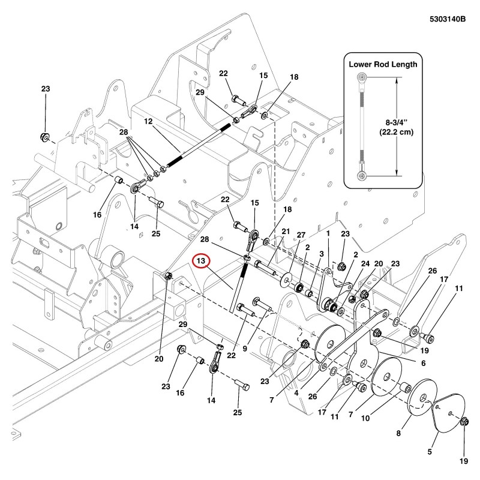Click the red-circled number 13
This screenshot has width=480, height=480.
tap(201, 261)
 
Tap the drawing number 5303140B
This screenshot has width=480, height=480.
tap(448, 19)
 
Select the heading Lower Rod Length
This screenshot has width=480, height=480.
tap(383, 64)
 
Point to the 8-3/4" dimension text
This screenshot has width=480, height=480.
tap(397, 123)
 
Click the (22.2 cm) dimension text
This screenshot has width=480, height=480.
tap(397, 132)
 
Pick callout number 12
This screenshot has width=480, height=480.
tap(148, 122)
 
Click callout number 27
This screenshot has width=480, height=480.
tap(301, 235)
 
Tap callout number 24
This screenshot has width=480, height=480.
tap(365, 263)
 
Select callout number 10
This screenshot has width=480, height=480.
tap(365, 418)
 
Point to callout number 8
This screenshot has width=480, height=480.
tap(398, 433)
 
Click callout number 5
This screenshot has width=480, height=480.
tap(430, 452)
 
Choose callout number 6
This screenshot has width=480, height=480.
tap(424, 363)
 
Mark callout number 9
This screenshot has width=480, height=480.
tap(245, 349)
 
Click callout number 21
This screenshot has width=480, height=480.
tap(286, 232)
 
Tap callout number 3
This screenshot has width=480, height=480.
tap(322, 254)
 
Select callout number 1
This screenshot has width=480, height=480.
tap(328, 233)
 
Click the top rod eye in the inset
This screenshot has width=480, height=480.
tap(362, 77)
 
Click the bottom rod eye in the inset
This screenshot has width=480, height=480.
tap(362, 176)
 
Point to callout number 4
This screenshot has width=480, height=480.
tap(296, 393)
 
